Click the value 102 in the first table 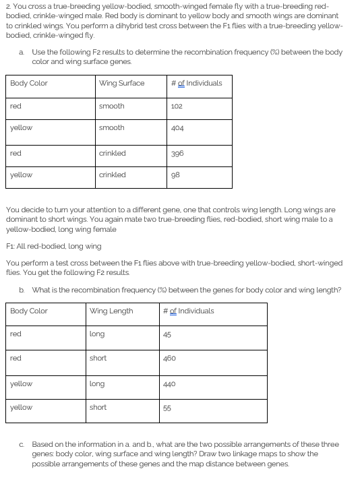(x=177, y=106)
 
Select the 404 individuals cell (x=177, y=127)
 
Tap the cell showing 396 (x=177, y=153)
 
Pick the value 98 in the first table (x=175, y=175)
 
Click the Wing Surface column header (x=121, y=83)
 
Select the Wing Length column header (x=111, y=311)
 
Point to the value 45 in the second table (x=167, y=334)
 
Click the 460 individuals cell (x=169, y=358)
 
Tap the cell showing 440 (x=169, y=383)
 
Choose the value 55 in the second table (x=167, y=407)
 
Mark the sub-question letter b (x=22, y=290)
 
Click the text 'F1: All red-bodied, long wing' (x=53, y=246)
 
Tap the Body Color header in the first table (x=29, y=83)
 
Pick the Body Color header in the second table (x=29, y=311)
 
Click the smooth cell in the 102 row (x=111, y=106)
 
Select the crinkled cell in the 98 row (x=112, y=175)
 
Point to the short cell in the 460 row (x=98, y=358)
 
